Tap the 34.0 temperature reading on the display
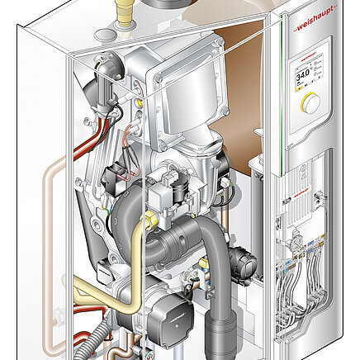point(304,73)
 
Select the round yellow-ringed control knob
point(310,102)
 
